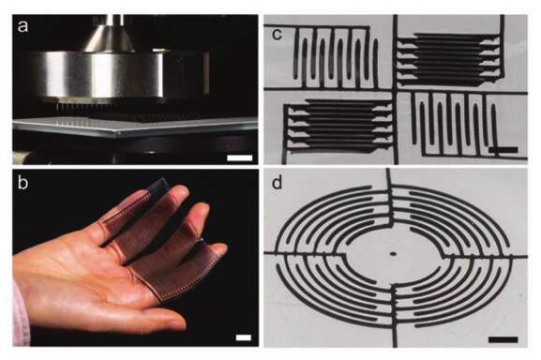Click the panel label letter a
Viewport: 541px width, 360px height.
pos(23,26)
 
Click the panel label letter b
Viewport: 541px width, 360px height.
pos(23,182)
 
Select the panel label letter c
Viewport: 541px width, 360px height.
pos(278,34)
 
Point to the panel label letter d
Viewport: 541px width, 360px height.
pos(278,183)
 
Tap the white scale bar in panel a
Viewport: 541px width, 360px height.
pos(240,157)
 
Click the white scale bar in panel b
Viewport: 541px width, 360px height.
pos(244,337)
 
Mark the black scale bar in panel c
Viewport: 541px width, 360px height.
pos(503,150)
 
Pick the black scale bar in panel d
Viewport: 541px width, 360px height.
pos(503,339)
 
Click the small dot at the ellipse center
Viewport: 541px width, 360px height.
pos(393,254)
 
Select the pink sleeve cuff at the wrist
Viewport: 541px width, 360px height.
pos(21,314)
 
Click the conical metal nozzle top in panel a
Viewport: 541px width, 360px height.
pos(110,37)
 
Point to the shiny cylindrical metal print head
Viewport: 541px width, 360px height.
pos(97,74)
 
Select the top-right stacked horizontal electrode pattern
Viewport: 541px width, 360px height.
pos(448,59)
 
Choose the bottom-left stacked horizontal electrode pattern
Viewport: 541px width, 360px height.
pos(338,127)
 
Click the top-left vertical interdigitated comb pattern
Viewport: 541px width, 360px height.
pos(335,57)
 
